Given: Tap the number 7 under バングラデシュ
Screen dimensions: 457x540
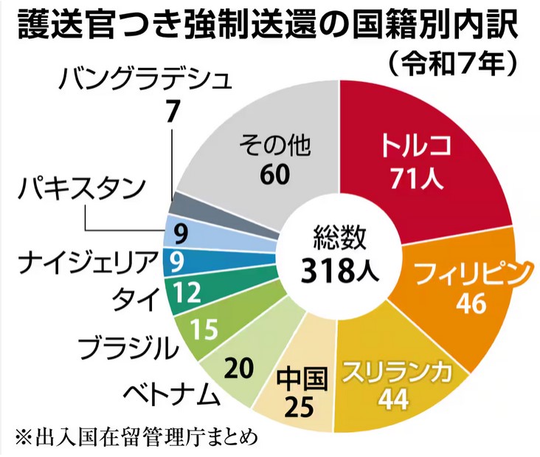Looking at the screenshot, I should [172, 111].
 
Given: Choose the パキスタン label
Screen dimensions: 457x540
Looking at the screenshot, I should [80, 193].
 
